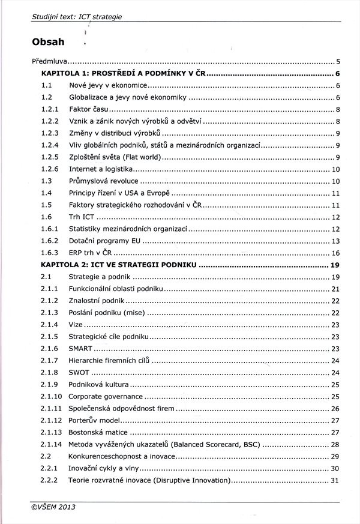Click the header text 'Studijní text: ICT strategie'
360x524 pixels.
point(76,16)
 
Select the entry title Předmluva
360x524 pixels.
point(49,61)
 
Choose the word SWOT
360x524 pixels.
point(79,373)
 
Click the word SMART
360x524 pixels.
point(80,349)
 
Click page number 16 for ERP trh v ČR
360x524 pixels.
point(335,253)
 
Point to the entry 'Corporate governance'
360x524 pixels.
point(106,397)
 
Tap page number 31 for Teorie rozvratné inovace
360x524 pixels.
point(335,481)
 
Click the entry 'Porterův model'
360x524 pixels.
point(95,421)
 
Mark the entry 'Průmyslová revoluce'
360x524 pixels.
point(103,181)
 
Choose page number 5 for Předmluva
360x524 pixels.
point(338,61)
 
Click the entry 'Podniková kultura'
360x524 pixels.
point(98,385)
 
